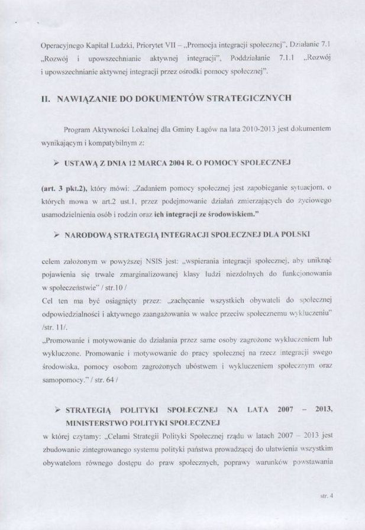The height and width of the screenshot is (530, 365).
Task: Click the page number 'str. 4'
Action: coord(327,497)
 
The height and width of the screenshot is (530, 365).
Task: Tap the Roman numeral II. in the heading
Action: coord(46,99)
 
